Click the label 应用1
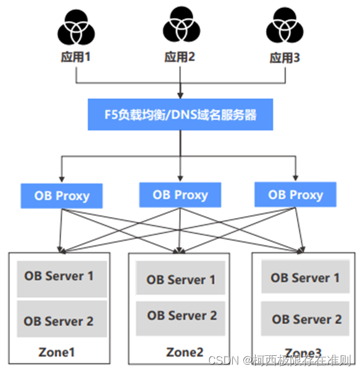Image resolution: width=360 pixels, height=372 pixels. [75, 57]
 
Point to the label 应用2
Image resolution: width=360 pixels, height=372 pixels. [180, 57]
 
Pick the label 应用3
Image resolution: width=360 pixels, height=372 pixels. [285, 58]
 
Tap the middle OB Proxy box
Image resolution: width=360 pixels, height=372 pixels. [180, 195]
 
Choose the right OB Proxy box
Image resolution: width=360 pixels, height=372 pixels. [295, 195]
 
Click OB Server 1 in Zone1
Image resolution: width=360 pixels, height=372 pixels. [59, 276]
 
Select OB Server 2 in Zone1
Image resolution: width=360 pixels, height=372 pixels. [59, 321]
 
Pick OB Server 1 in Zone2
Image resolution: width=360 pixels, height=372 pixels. [181, 279]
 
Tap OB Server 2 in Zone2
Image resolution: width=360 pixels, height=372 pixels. [181, 315]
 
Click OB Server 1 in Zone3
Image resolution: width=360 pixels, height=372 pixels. [304, 278]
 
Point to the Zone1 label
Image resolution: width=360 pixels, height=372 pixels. [56, 352]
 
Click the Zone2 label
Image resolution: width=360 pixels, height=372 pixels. [185, 352]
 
